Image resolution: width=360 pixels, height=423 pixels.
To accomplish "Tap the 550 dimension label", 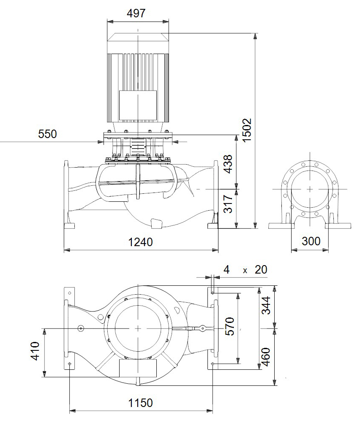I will click(47, 134).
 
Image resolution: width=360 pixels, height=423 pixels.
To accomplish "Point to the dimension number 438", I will click(227, 164).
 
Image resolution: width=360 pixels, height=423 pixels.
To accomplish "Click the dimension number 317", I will click(227, 204).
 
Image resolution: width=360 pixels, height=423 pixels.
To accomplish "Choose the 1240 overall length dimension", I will click(140, 242).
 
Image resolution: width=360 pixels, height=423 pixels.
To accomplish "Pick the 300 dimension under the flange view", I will click(311, 241).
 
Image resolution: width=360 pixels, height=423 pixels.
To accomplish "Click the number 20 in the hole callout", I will click(261, 269).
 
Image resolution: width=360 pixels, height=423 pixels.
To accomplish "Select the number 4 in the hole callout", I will click(226, 269).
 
